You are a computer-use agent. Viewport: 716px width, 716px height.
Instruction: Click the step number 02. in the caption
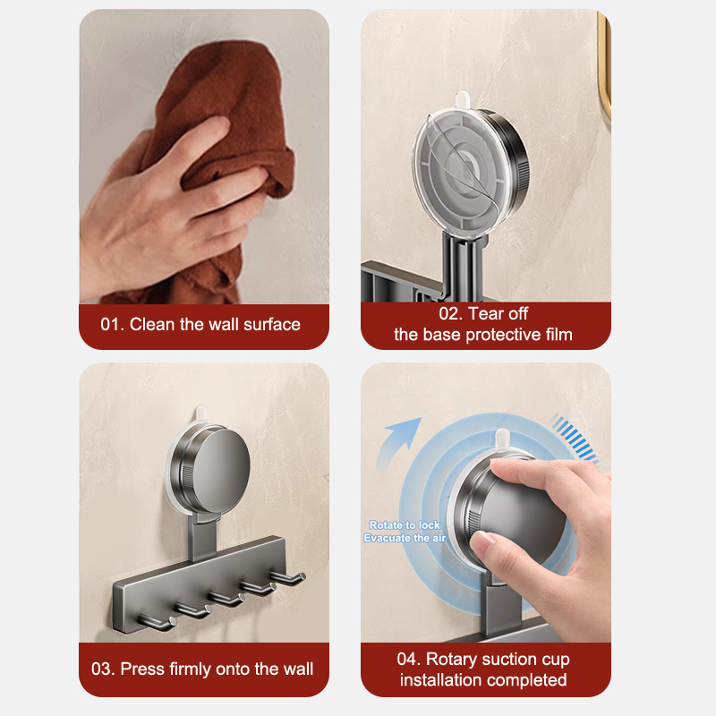(451, 314)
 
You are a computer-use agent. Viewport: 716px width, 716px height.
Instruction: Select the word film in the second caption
(558, 335)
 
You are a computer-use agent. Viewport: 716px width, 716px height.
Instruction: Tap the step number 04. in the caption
(409, 659)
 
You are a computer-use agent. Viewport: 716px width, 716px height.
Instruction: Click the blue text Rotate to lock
(405, 525)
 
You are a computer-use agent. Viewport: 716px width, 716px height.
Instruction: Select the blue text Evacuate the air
(405, 538)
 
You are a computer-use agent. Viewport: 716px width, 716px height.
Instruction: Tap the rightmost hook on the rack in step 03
(288, 578)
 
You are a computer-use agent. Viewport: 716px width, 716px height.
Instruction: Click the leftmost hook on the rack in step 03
(158, 623)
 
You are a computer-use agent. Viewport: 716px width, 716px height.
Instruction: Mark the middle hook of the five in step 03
(227, 598)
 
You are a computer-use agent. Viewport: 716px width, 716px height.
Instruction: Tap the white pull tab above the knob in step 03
(201, 413)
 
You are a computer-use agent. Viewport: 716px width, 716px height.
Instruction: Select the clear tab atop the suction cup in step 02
(462, 98)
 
